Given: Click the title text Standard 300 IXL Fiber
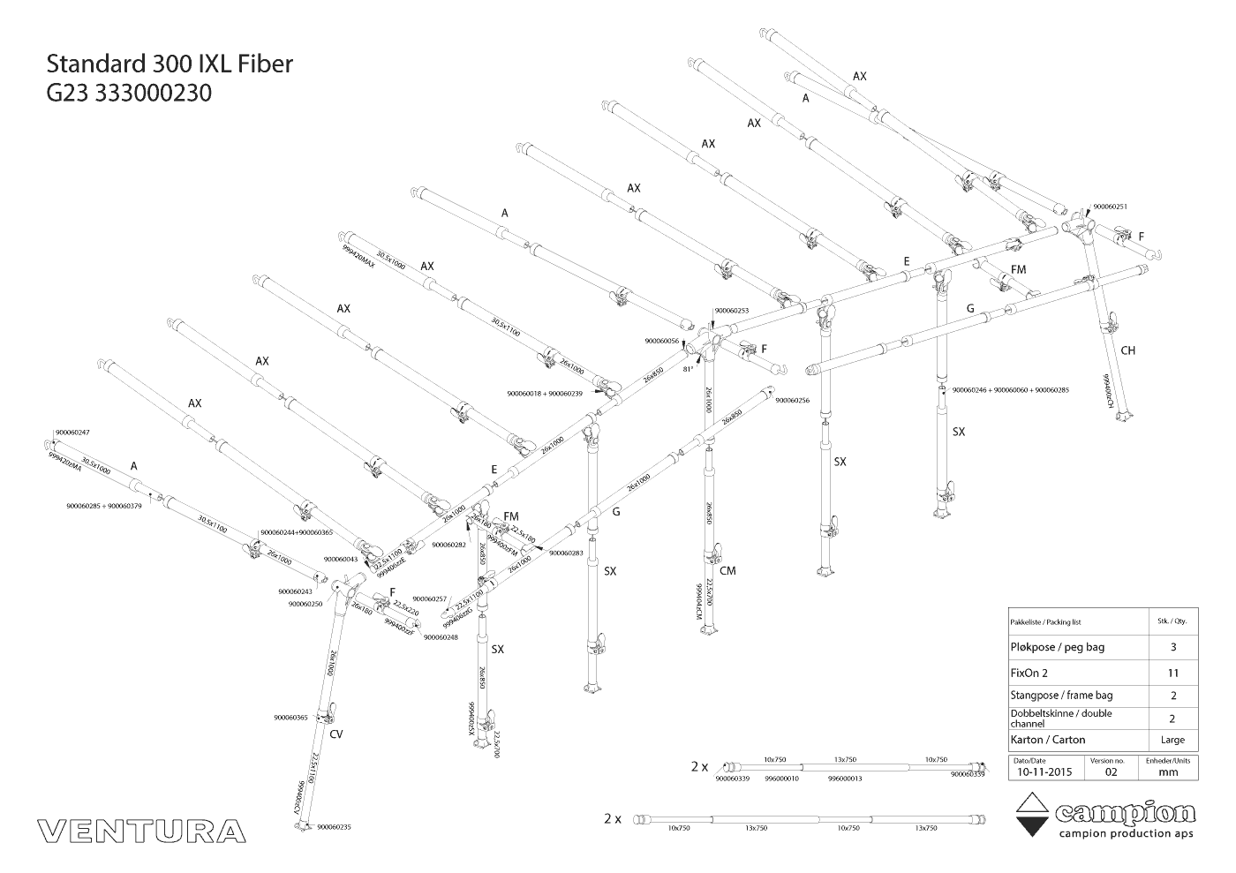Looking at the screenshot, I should (169, 64).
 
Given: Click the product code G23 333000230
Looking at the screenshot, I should (129, 93).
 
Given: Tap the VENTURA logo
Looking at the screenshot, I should (141, 832).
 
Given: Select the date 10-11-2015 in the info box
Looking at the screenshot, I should (1044, 771).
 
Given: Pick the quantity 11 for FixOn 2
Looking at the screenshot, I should (1172, 672).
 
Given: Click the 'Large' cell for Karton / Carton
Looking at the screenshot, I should (1172, 740).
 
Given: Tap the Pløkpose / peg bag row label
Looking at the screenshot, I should (1057, 647).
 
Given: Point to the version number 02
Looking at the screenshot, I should (1111, 771).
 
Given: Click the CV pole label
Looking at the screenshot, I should (336, 734).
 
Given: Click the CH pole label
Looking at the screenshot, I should (1127, 350).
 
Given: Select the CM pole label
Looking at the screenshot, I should (727, 571).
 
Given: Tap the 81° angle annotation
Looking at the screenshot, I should (689, 369).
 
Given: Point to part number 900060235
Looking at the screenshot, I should (334, 827).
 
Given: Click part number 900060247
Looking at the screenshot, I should (72, 433).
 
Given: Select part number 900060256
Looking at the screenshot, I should (792, 400).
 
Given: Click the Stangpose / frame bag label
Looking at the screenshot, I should (1061, 696).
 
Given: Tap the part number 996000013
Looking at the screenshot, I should (845, 779).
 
